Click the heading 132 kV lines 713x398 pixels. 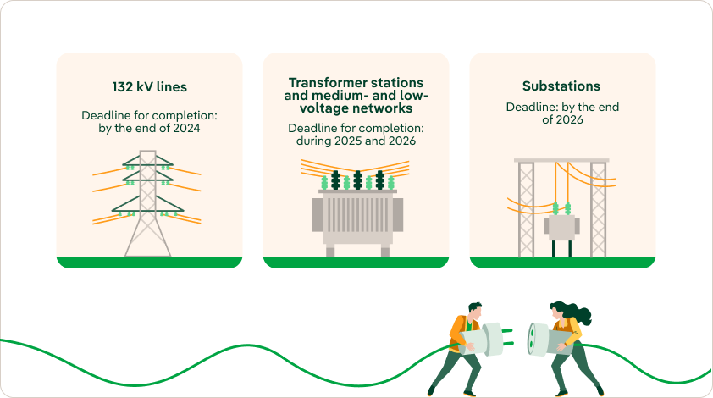[150, 87]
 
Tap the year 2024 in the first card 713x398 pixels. [186, 128]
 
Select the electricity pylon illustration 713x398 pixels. [147, 203]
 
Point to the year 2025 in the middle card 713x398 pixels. [348, 141]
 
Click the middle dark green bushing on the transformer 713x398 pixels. [358, 180]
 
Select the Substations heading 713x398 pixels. [561, 86]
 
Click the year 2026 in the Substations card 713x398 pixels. [569, 119]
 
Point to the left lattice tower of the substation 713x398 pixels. [526, 209]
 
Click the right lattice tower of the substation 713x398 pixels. [598, 209]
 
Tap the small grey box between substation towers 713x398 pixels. [561, 228]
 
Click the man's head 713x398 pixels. [474, 311]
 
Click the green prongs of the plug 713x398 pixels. [507, 337]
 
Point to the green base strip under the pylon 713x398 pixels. [149, 263]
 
